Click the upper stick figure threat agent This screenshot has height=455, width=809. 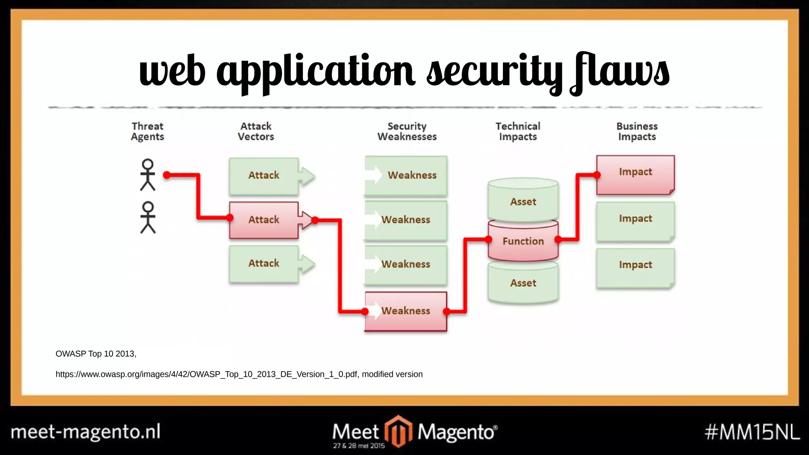148,175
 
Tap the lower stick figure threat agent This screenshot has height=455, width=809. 148,217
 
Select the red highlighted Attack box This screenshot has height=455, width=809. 263,220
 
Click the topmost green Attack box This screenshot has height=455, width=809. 263,175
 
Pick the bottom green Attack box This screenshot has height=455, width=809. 263,263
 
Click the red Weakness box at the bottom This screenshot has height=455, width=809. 406,311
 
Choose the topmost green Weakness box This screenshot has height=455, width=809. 406,175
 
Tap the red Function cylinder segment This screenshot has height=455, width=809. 523,241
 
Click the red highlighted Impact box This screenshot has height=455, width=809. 635,174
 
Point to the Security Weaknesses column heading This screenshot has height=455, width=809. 407,132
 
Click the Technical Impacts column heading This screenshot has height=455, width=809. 518,132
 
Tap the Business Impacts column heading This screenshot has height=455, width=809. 637,132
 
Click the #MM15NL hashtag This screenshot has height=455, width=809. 752,432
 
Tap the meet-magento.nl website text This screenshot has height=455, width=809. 86,431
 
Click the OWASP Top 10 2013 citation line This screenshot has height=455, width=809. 96,354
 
